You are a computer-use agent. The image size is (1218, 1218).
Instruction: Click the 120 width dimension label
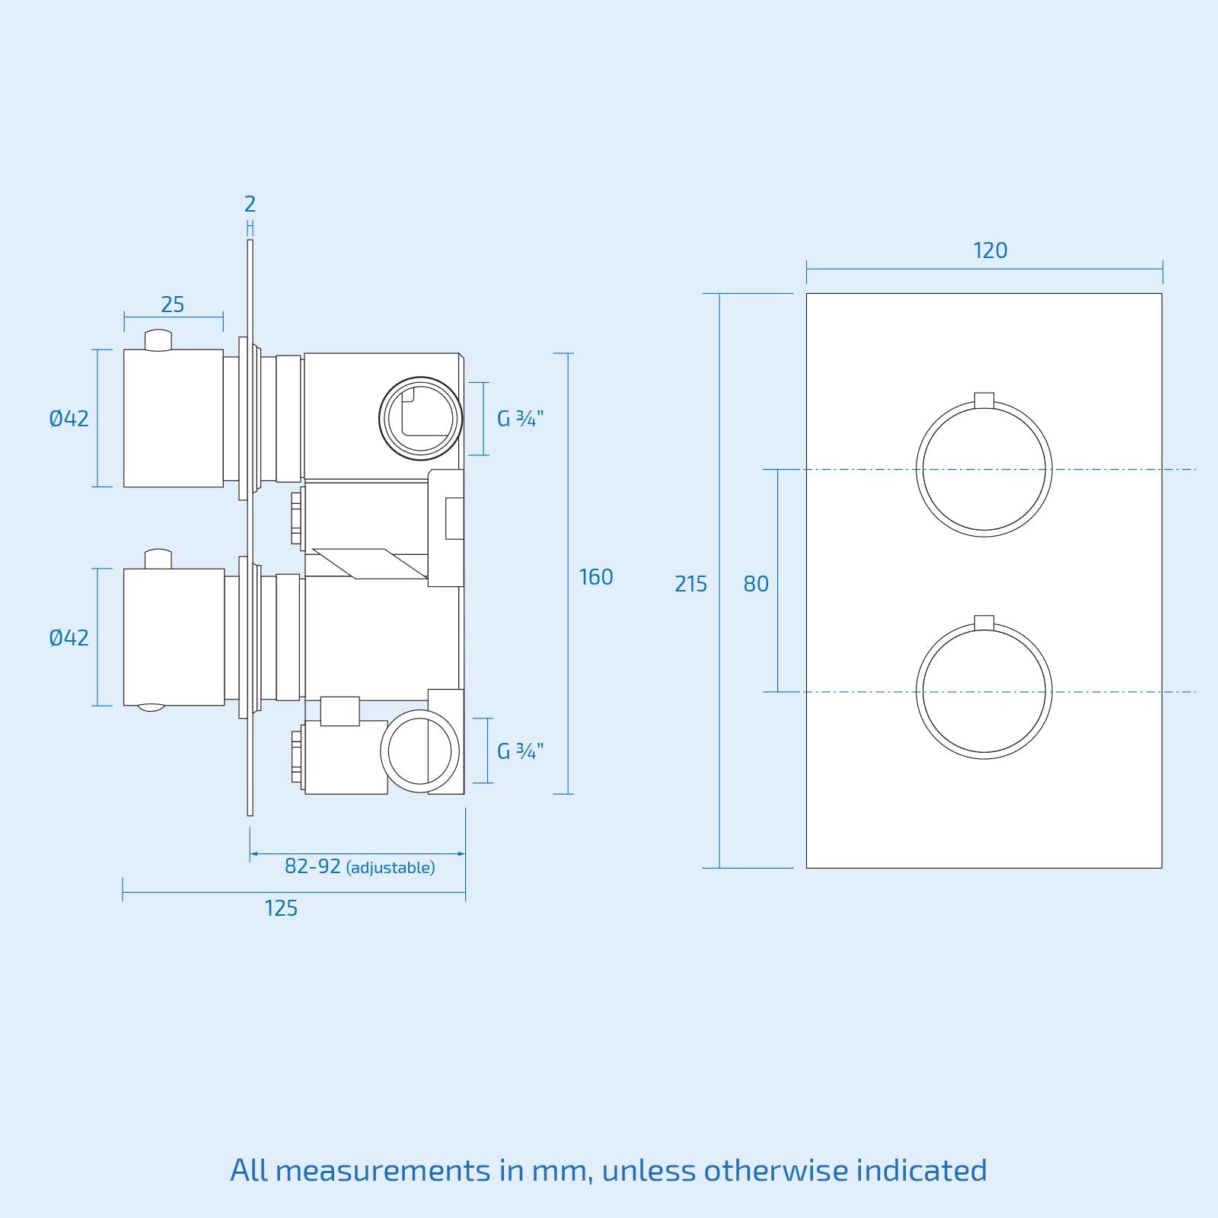pyautogui.click(x=990, y=250)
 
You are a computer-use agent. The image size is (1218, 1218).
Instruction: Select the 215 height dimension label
pyautogui.click(x=690, y=584)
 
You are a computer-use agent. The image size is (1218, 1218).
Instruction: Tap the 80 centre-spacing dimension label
pyautogui.click(x=756, y=584)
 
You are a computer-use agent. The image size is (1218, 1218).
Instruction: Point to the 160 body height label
pyautogui.click(x=595, y=577)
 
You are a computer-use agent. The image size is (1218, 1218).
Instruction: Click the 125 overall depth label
pyautogui.click(x=281, y=908)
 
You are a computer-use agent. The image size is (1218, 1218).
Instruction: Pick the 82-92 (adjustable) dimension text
pyautogui.click(x=359, y=866)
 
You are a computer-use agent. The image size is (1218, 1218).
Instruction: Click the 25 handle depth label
pyautogui.click(x=173, y=304)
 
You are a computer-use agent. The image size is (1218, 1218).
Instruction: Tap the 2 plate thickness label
pyautogui.click(x=250, y=204)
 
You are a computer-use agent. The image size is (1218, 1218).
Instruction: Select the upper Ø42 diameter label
pyautogui.click(x=69, y=418)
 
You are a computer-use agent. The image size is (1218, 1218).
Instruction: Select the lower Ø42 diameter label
pyautogui.click(x=69, y=637)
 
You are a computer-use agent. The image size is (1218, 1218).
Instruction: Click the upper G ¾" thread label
pyautogui.click(x=520, y=419)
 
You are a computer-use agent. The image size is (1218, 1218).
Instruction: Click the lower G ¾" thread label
pyautogui.click(x=520, y=751)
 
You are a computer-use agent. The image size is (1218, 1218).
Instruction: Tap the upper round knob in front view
pyautogui.click(x=984, y=470)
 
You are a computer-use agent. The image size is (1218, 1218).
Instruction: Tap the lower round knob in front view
pyautogui.click(x=984, y=692)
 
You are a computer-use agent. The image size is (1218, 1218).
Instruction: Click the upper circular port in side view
pyautogui.click(x=420, y=419)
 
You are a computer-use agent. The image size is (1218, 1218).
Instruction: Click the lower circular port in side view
pyautogui.click(x=419, y=751)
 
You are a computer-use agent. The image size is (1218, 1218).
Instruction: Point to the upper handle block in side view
pyautogui.click(x=174, y=418)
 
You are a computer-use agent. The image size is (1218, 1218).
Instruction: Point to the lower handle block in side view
pyautogui.click(x=174, y=637)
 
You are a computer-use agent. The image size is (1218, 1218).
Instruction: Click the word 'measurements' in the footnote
pyautogui.click(x=382, y=1170)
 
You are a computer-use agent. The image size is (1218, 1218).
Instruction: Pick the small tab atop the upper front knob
pyautogui.click(x=984, y=400)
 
